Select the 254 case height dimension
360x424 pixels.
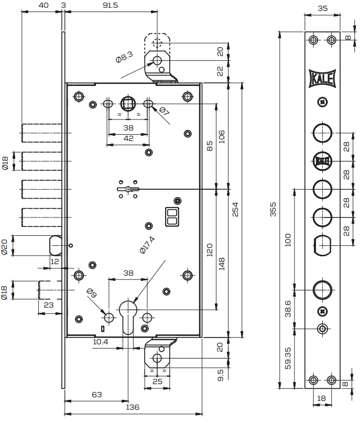[x=235, y=208]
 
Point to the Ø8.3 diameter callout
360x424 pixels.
[x=125, y=56]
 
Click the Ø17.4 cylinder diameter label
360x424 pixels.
[x=148, y=245]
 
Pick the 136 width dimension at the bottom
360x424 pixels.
[x=133, y=407]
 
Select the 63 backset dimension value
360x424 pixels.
[x=96, y=395]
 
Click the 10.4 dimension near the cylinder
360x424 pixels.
[x=101, y=342]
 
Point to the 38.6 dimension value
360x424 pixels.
[x=288, y=309]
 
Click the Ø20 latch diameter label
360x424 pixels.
[x=5, y=246]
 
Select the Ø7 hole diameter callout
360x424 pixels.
[x=163, y=111]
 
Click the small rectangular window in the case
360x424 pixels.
[x=172, y=217]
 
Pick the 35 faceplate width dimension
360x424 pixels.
[x=322, y=8]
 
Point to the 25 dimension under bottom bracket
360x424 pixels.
[x=157, y=381]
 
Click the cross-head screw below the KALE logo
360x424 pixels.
[x=322, y=102]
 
